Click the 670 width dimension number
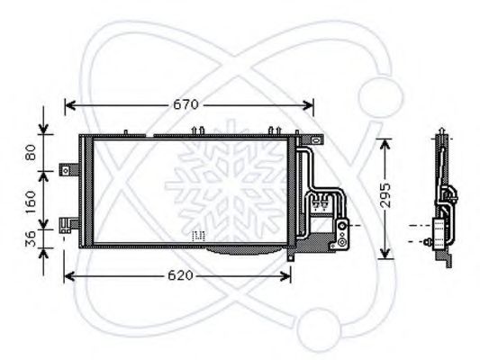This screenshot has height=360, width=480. (186, 105)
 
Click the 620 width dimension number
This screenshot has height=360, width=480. (179, 275)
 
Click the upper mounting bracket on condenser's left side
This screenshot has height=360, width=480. (67, 169)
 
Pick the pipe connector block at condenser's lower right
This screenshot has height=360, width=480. (342, 229)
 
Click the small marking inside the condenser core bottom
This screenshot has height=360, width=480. (199, 236)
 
